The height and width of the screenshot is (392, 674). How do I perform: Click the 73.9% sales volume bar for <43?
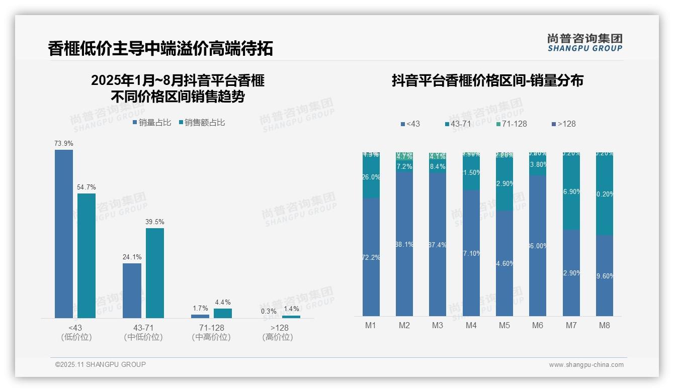tap(64, 234)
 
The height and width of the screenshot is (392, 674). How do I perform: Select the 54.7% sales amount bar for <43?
tap(87, 255)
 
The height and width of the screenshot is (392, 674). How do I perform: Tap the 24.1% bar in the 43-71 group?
tap(132, 290)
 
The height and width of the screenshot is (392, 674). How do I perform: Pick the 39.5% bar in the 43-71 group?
tap(155, 273)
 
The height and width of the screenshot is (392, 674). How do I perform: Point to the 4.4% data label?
tap(223, 303)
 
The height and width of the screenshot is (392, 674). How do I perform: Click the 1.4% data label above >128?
tap(291, 309)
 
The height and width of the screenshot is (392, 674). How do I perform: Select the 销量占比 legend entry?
tap(152, 123)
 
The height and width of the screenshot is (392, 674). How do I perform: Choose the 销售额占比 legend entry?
tap(202, 123)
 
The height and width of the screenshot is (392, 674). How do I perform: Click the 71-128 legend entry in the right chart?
tap(511, 124)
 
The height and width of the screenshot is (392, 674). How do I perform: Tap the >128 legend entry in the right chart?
tap(564, 124)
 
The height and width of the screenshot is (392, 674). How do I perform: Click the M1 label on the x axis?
tap(371, 325)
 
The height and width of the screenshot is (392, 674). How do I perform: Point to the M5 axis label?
tap(504, 325)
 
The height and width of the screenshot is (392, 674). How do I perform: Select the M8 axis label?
tap(605, 325)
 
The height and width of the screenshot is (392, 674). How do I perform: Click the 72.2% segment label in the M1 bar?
tap(371, 257)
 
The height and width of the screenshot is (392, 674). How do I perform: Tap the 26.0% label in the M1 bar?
tap(371, 177)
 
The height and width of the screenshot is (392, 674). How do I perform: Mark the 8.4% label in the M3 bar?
tap(438, 166)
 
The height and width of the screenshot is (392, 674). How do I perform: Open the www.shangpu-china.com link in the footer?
tap(586, 365)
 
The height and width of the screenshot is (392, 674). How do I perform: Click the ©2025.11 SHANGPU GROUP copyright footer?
tap(101, 364)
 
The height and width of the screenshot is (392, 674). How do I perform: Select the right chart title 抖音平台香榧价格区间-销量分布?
tap(487, 80)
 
